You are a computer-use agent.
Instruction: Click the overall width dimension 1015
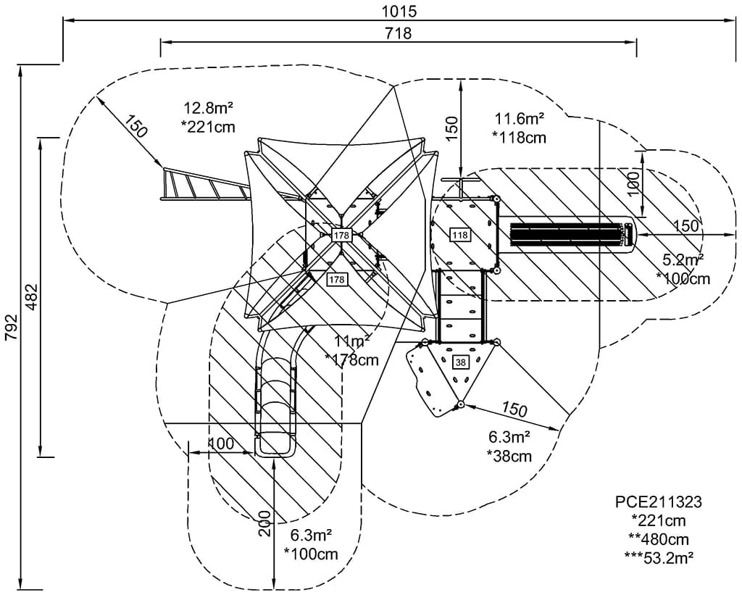399,10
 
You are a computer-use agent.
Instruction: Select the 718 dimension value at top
398,33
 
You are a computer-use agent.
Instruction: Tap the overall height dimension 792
11,327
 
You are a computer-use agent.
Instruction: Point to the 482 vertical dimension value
32,297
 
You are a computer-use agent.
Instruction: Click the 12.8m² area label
209,108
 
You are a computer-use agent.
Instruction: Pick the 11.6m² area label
520,117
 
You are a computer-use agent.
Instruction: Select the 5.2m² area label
683,260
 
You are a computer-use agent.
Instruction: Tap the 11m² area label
352,341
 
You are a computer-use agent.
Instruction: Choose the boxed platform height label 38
460,362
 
